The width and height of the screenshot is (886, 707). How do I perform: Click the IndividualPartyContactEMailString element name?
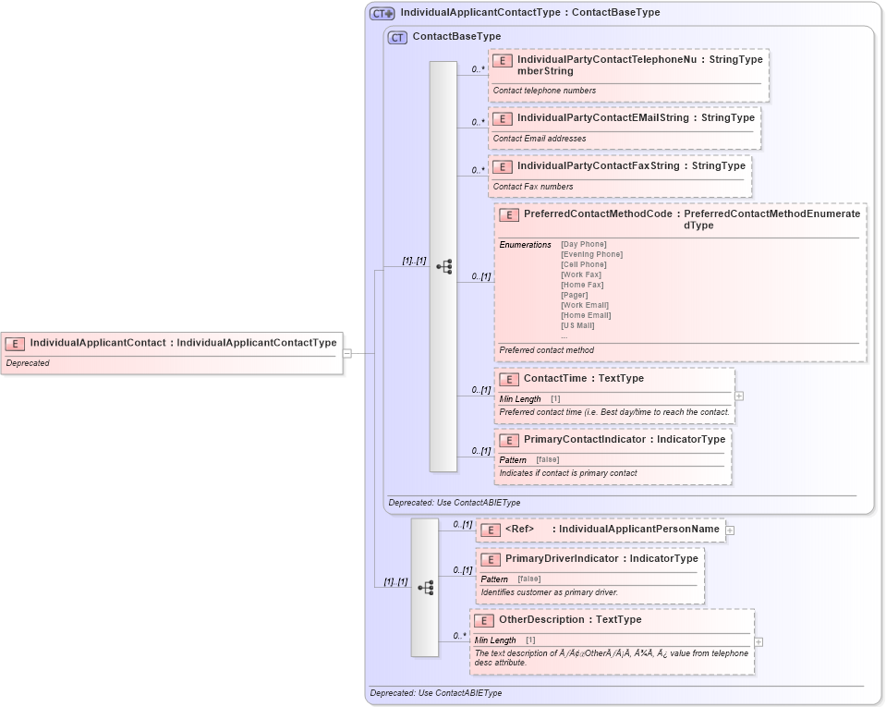[x=602, y=118]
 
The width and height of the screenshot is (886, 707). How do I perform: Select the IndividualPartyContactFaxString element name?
[x=598, y=166]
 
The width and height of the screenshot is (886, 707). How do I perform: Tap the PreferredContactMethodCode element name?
[x=598, y=213]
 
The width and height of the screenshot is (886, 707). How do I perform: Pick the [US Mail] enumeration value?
[x=577, y=325]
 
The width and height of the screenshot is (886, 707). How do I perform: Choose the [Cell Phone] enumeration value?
[x=583, y=264]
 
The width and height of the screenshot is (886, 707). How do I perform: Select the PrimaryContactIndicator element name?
[x=584, y=439]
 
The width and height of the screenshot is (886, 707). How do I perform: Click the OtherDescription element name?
[x=541, y=620]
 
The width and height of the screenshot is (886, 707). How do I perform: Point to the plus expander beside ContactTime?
[x=739, y=396]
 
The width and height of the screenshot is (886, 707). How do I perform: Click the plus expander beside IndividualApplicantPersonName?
[x=730, y=530]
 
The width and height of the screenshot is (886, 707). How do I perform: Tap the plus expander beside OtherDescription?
[x=759, y=641]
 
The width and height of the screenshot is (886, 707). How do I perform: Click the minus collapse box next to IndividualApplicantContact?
[x=346, y=352]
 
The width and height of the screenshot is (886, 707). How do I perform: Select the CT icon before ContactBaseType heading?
[x=397, y=37]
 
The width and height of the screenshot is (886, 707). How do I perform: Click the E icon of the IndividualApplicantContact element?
[x=15, y=343]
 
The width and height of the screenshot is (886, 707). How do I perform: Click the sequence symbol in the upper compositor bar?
[x=443, y=266]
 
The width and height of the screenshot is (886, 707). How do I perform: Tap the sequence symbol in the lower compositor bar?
[x=425, y=587]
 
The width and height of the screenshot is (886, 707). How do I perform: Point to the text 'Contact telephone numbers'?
[x=544, y=91]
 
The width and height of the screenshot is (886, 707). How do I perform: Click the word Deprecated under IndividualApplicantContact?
[x=28, y=363]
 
